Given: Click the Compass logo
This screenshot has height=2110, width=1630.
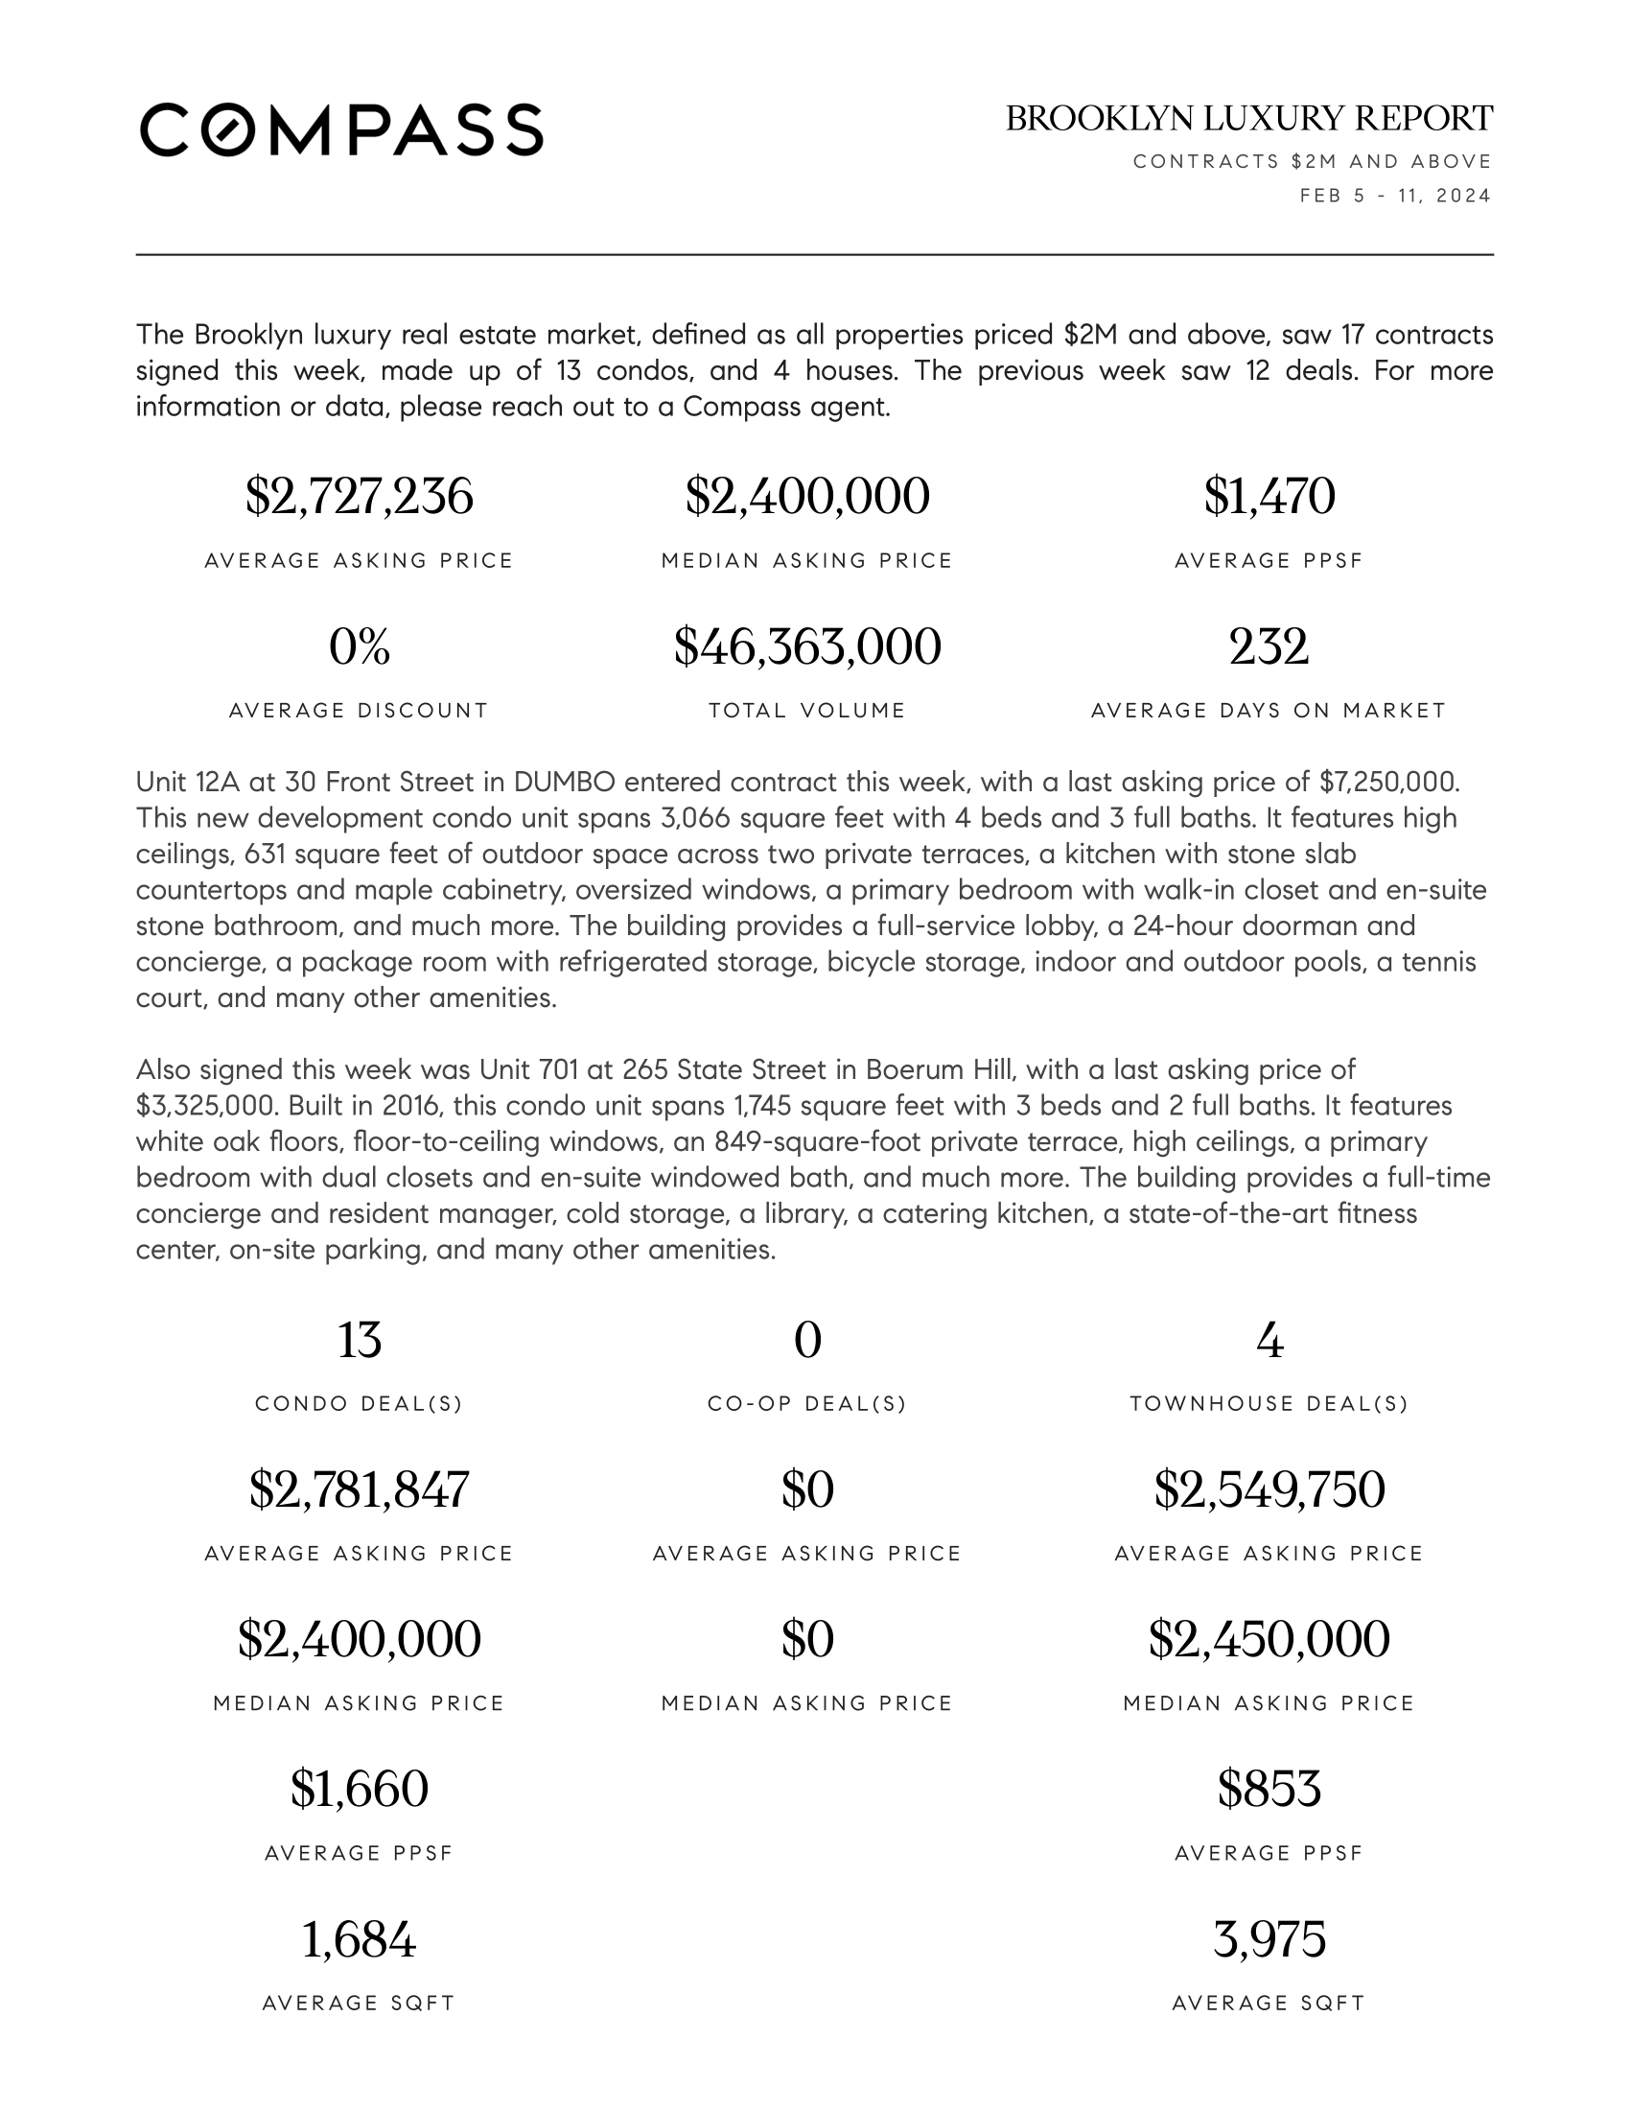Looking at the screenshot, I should tap(341, 129).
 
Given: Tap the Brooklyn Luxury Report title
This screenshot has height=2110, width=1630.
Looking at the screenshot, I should tap(1248, 119).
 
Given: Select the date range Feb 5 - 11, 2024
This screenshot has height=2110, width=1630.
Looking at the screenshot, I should tap(1395, 196).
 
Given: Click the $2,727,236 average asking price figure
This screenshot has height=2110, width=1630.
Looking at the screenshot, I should tap(360, 497).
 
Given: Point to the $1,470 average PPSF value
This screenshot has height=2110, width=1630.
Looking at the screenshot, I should tap(1269, 497).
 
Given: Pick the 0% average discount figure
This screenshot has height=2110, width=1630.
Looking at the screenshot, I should tap(360, 646).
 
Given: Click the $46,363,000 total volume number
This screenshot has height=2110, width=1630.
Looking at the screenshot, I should tap(807, 646).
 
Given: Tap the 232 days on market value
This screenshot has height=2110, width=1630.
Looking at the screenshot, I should tap(1269, 646).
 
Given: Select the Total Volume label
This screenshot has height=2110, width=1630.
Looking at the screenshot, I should tap(807, 711).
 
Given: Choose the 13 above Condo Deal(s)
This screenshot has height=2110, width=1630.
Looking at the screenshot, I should tap(360, 1340).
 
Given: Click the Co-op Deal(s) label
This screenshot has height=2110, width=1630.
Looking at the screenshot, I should tap(807, 1404).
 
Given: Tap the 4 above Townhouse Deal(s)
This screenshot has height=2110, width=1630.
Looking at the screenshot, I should tap(1269, 1340).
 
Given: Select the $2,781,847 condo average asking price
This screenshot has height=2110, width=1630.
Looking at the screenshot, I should tap(360, 1489).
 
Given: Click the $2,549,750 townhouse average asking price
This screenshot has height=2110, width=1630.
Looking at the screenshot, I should tap(1269, 1489).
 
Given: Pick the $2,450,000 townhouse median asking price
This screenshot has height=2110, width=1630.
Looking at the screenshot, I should tap(1269, 1639).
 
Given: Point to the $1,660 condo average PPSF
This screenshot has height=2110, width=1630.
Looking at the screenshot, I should tap(360, 1790).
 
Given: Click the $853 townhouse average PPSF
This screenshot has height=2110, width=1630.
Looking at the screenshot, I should tap(1269, 1790).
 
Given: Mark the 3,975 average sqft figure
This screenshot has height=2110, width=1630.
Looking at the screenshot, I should tap(1269, 1939).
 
